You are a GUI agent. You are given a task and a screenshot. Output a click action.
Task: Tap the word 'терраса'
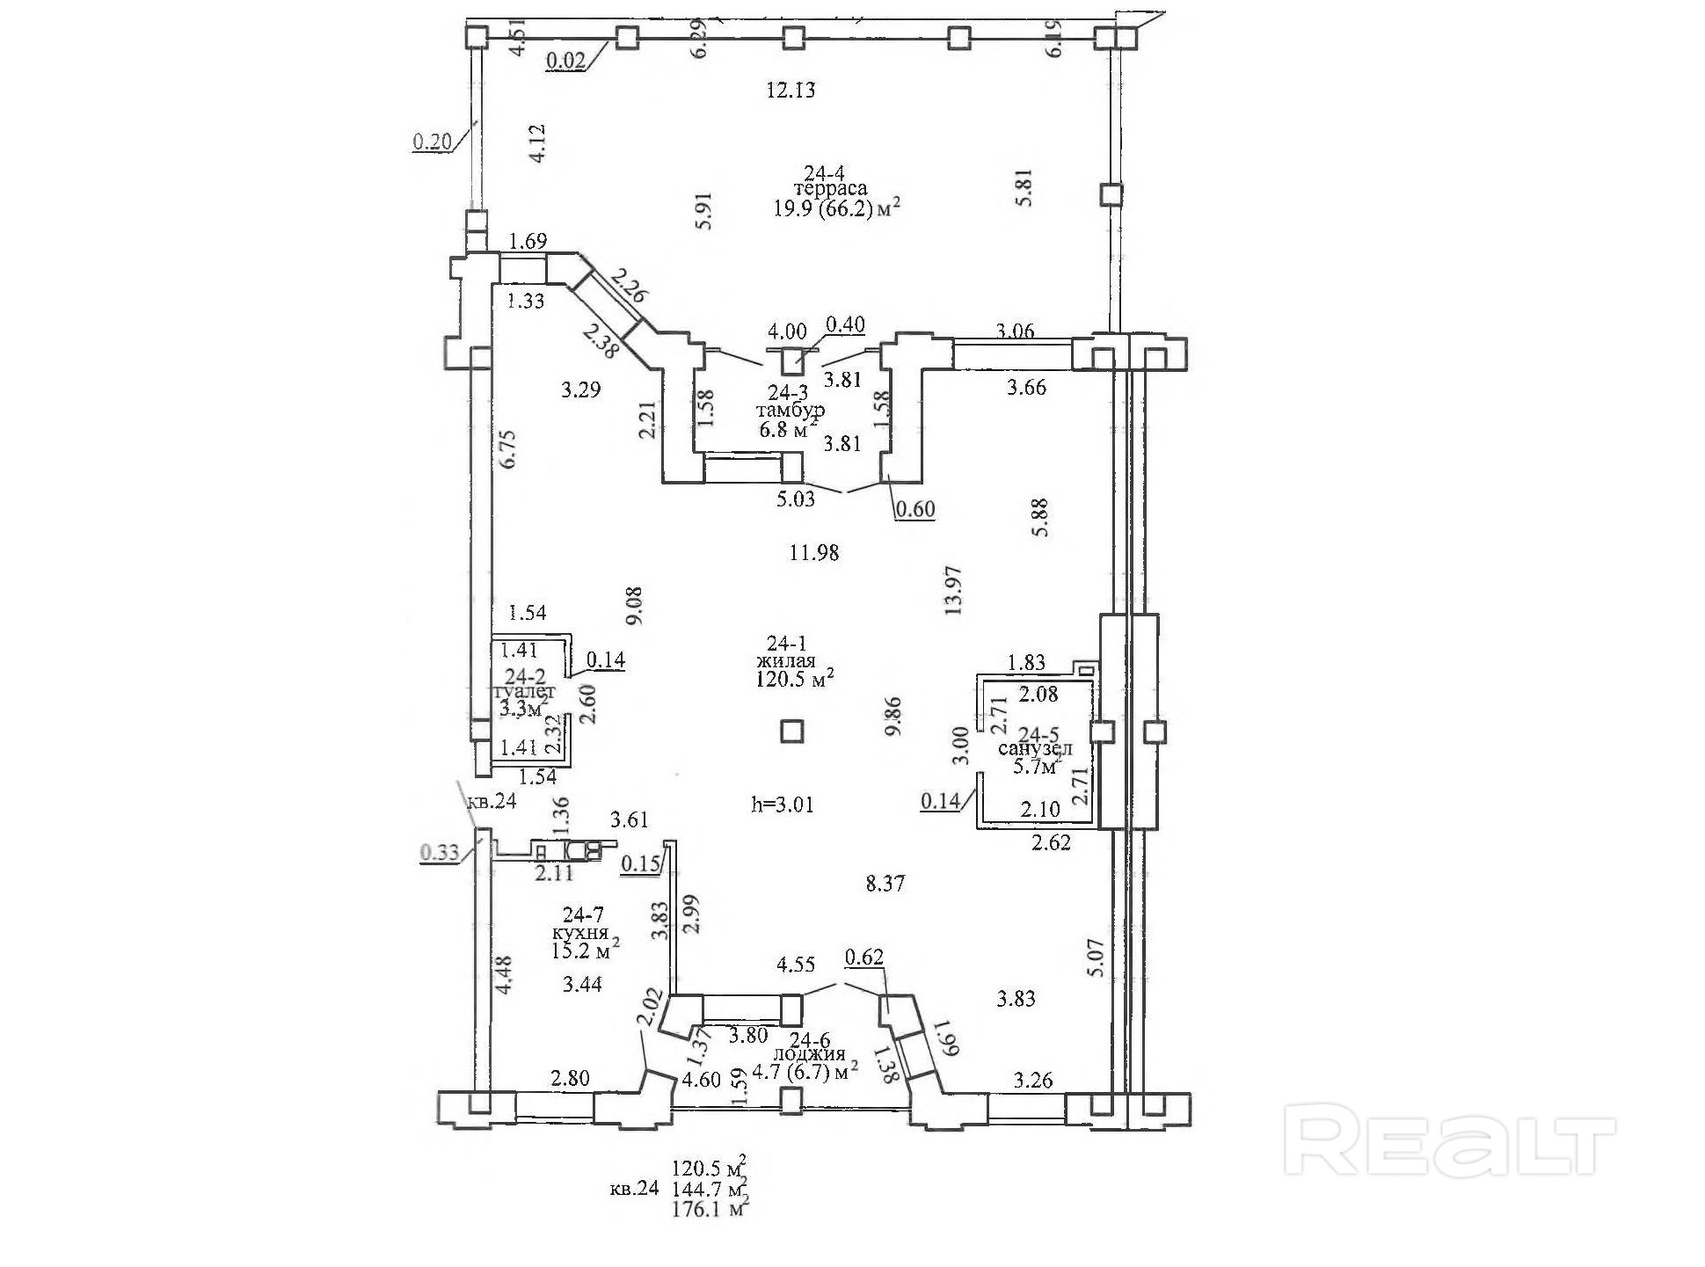click(830, 188)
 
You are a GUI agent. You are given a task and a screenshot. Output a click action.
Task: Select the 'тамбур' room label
click(790, 410)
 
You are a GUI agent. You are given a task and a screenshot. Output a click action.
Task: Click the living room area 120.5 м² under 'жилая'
click(793, 679)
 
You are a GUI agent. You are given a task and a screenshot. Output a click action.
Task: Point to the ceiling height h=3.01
click(783, 805)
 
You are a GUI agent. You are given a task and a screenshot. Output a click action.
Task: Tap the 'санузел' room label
click(1035, 749)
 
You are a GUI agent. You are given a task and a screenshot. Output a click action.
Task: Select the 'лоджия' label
click(808, 1053)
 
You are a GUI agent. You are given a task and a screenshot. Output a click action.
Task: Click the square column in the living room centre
click(792, 731)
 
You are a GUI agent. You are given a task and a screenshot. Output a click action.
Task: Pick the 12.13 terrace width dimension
click(791, 90)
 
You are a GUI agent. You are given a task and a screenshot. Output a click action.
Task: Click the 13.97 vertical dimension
click(956, 590)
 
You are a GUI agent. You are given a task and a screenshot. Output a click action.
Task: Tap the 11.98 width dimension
click(813, 553)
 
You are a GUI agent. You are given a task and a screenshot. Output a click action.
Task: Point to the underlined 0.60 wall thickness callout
click(914, 509)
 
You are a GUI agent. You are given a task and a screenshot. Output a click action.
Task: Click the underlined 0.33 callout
click(439, 852)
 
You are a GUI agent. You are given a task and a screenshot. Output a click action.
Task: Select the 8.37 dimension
click(885, 884)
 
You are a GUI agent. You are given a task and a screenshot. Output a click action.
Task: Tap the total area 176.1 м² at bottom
click(709, 1210)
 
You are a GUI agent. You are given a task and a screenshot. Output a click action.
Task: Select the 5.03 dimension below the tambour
click(796, 499)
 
